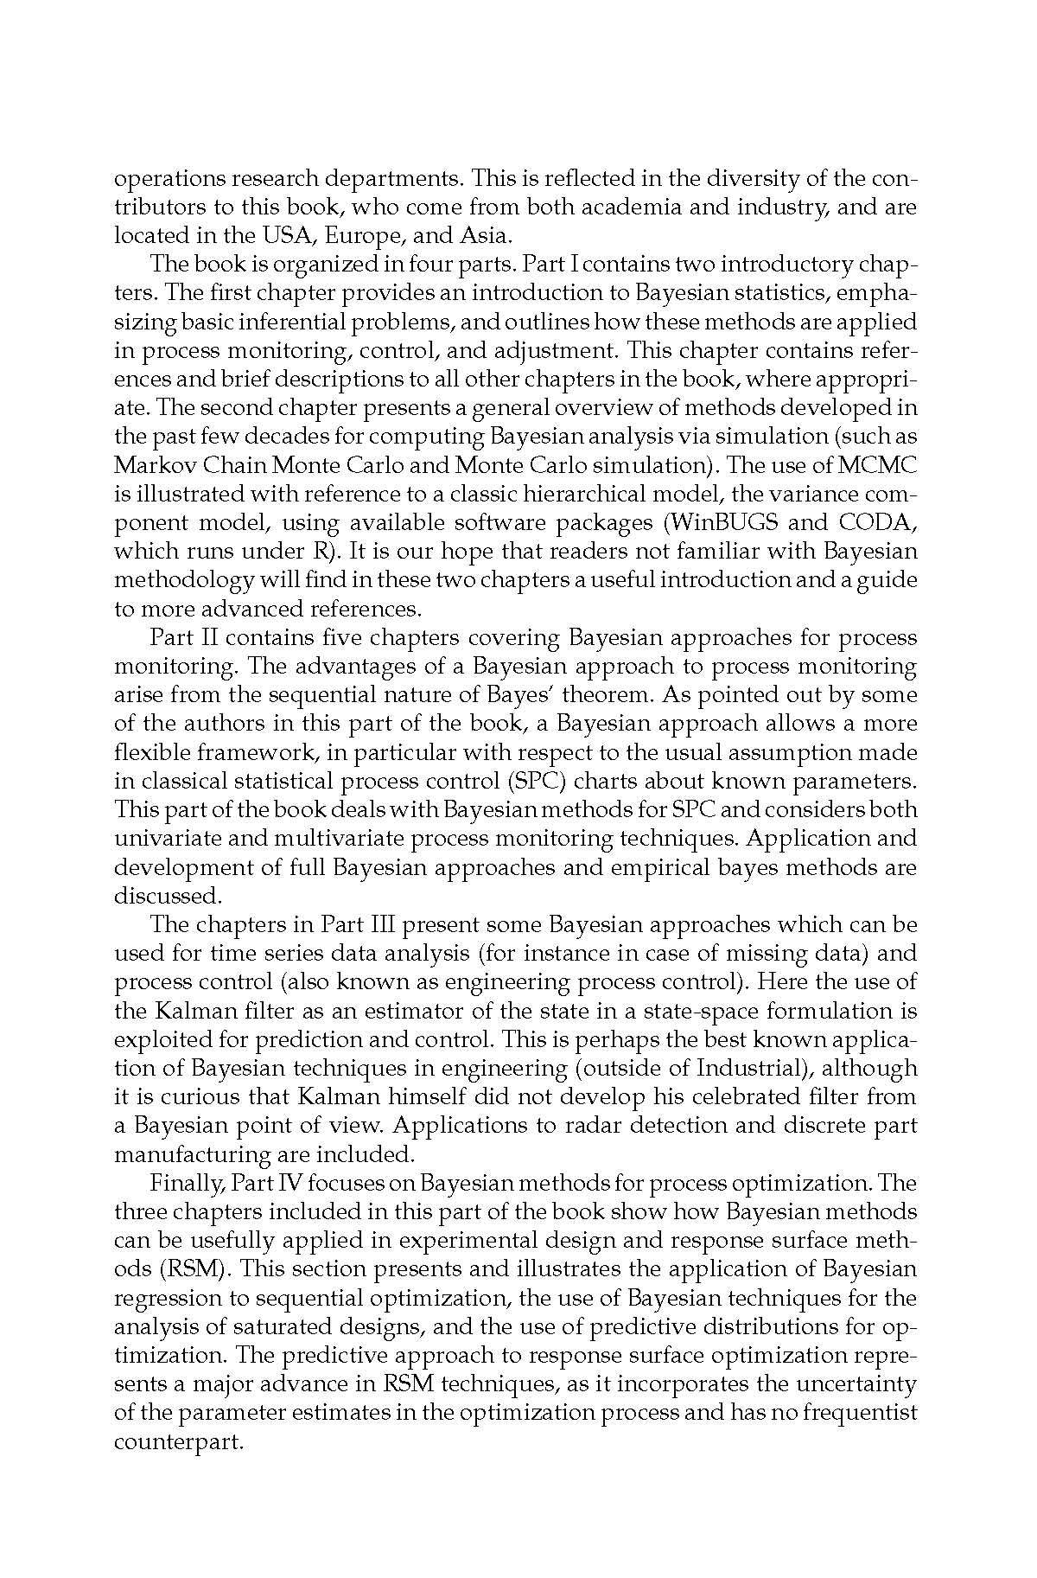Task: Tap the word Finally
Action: click(x=186, y=1182)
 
